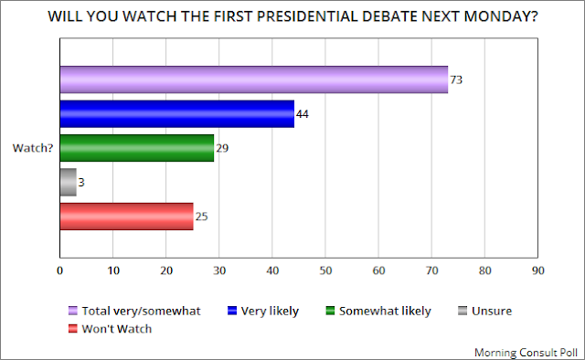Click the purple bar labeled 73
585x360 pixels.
(x=254, y=79)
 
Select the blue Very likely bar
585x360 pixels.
(x=176, y=114)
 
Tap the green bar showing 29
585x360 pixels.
(x=137, y=148)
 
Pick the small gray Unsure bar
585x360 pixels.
(x=69, y=182)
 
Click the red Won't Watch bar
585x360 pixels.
(x=126, y=217)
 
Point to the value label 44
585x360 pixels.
(x=303, y=114)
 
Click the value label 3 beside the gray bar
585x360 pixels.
(x=81, y=183)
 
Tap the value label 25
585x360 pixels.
(x=201, y=217)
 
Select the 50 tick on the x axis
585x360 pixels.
(x=325, y=270)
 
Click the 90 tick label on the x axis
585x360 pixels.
(x=538, y=270)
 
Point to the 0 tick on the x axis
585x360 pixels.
(x=59, y=270)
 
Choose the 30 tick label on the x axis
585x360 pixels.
(x=219, y=270)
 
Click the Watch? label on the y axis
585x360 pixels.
(x=33, y=148)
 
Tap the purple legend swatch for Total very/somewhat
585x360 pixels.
(x=73, y=311)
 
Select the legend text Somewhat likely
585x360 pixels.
(x=385, y=312)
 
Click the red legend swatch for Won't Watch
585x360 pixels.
(x=73, y=329)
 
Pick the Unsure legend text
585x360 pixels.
(x=492, y=311)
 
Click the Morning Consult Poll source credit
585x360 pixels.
(x=526, y=353)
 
